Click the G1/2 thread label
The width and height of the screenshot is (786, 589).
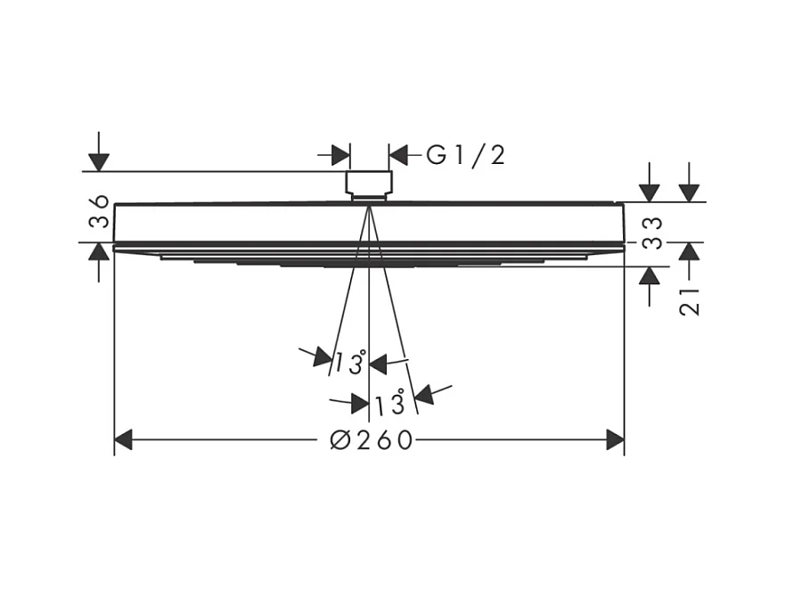coord(465,155)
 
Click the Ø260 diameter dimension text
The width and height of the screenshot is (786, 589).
coord(372,440)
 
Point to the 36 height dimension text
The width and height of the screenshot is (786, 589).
coord(100,212)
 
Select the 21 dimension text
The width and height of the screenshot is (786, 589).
coord(689,299)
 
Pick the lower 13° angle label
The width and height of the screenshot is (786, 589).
coord(390,404)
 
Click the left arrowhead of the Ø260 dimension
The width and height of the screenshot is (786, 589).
coord(124,439)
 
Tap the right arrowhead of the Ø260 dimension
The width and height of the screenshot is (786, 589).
coord(615,439)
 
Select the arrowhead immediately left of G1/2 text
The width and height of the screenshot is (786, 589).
coord(398,155)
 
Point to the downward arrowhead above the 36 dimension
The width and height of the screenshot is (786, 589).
coord(99,161)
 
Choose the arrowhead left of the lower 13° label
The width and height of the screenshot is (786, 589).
coord(359,404)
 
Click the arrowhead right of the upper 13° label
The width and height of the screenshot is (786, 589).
coord(378,363)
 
